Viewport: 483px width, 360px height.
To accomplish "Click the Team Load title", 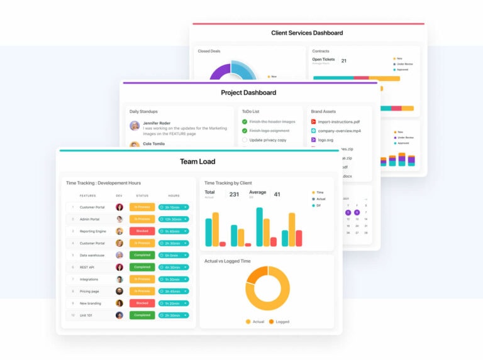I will [x=197, y=161].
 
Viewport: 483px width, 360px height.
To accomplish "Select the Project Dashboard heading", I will [x=248, y=93].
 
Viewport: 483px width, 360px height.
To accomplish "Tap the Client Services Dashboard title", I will [x=307, y=33].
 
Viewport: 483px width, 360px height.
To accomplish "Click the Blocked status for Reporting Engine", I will [x=142, y=231].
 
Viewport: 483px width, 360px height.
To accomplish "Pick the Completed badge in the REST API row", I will [x=142, y=267].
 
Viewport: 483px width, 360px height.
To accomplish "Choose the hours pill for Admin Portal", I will [x=173, y=219].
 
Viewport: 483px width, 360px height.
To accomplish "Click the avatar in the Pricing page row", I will [x=119, y=291].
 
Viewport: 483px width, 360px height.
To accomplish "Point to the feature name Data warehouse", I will [x=92, y=255].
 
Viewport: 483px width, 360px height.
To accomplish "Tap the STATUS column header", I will [x=142, y=195].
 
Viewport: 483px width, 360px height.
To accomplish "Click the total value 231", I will [x=234, y=194].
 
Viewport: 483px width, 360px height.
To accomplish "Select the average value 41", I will [x=277, y=194].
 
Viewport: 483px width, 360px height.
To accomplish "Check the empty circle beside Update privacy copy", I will [x=245, y=140].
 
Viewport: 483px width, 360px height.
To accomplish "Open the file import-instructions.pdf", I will [x=338, y=121].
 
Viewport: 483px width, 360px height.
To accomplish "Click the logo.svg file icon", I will [x=313, y=140].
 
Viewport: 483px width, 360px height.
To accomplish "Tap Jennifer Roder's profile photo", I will [x=135, y=126].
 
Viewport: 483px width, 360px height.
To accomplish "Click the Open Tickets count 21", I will [x=343, y=61].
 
